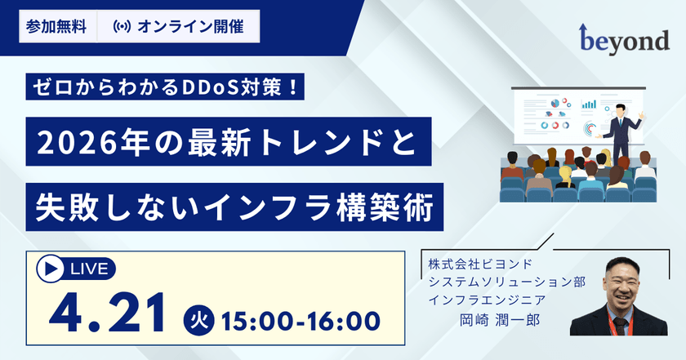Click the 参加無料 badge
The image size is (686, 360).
57,27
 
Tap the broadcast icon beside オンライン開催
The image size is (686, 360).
122,27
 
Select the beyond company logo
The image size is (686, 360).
624,39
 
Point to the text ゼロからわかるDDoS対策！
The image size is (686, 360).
165,87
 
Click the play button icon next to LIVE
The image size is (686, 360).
51,269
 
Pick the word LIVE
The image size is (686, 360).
89,269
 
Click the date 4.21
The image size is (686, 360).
108,313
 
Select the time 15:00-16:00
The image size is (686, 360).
301,321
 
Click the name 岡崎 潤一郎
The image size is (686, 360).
500,320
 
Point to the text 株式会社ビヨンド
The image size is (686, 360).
480,264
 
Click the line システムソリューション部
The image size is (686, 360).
506,282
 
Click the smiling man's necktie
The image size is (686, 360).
620,327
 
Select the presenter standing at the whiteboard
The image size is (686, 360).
618,132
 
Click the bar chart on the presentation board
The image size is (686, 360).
589,104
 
